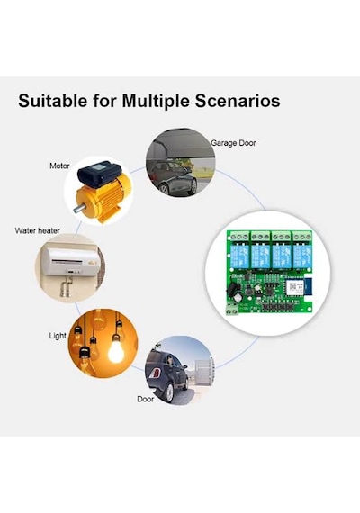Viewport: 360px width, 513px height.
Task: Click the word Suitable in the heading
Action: click(53, 101)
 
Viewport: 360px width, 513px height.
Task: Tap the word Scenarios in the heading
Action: click(238, 101)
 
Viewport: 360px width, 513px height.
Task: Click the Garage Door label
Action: click(233, 143)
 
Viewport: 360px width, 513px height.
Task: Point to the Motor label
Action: click(59, 166)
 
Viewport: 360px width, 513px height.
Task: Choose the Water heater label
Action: click(37, 230)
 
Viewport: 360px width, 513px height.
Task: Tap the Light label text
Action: click(58, 336)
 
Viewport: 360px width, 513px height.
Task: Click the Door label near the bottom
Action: click(145, 399)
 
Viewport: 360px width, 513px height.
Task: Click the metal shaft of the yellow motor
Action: click(79, 209)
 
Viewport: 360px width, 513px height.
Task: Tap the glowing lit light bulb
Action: click(116, 349)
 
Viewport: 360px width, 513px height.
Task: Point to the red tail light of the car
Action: click(156, 373)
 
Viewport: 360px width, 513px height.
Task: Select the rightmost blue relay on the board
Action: click(302, 256)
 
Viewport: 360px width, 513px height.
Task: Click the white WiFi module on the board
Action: click(296, 288)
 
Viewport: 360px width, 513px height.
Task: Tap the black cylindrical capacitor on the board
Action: click(237, 297)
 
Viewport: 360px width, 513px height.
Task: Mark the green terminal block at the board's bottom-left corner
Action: click(232, 310)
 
